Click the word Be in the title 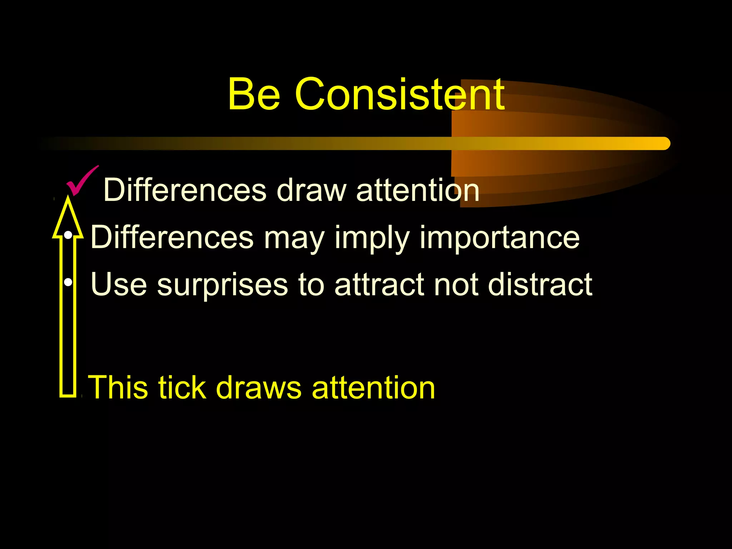click(x=254, y=94)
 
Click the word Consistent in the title click(x=400, y=94)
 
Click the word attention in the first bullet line click(x=417, y=190)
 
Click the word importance click(x=499, y=238)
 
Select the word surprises click(x=222, y=285)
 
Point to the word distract click(x=540, y=285)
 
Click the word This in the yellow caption click(x=118, y=387)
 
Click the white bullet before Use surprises click(x=68, y=283)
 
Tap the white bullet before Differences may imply click(x=68, y=235)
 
